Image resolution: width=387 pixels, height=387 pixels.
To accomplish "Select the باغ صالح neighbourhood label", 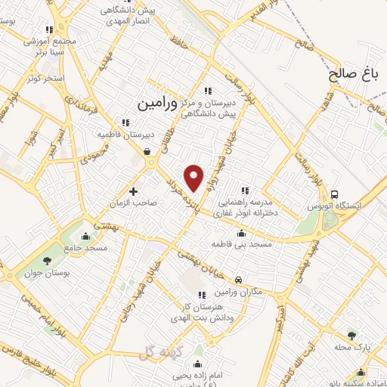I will tap(352, 74).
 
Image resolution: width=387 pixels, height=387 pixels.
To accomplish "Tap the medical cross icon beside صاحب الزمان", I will tap(135, 191).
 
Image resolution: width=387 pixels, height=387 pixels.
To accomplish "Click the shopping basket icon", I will tap(146, 151).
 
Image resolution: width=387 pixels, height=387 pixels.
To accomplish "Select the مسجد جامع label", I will tap(85, 247).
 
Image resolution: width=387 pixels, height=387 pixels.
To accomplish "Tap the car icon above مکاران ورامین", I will tap(239, 280).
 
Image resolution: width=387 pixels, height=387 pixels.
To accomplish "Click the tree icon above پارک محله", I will tap(351, 335).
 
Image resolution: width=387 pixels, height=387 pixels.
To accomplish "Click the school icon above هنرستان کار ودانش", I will tap(201, 295).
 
